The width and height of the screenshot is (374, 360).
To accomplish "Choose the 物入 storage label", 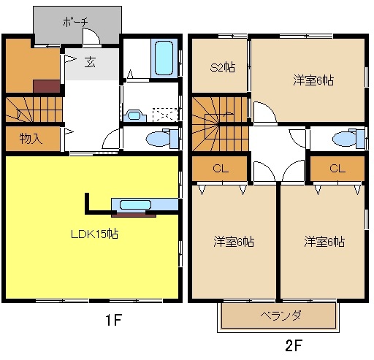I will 30,138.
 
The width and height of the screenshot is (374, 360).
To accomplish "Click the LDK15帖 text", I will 94,234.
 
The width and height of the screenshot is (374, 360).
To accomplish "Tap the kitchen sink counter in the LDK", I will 133,205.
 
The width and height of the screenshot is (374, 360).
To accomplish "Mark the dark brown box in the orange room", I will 46,85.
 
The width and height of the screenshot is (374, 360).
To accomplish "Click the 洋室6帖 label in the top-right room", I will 313,80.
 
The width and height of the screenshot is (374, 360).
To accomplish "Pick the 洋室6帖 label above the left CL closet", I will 233,240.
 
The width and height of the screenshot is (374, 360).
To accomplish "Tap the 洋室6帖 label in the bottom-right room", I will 324,240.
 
